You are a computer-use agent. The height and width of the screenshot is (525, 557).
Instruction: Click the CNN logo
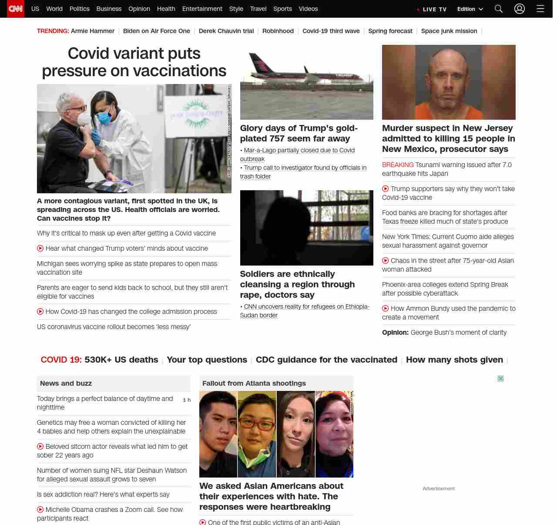tap(16, 9)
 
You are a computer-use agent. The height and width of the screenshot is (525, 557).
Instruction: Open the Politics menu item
tap(79, 9)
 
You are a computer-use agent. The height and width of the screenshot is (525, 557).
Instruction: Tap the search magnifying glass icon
tap(499, 9)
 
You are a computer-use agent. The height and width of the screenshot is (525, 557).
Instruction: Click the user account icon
tap(520, 9)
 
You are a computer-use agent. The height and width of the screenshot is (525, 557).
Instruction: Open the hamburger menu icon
tap(540, 9)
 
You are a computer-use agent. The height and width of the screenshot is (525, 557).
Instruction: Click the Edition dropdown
tap(470, 9)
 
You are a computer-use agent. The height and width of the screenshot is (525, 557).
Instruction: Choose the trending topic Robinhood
tap(278, 31)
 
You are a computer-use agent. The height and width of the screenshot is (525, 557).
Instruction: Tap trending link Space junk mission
tap(449, 31)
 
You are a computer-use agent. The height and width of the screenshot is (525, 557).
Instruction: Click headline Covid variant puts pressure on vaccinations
tap(134, 62)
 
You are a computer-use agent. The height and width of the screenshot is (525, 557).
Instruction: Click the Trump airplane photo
tap(307, 82)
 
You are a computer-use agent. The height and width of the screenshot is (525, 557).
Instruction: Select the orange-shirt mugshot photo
tap(449, 82)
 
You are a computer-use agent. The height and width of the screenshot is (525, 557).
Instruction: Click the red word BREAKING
tap(398, 165)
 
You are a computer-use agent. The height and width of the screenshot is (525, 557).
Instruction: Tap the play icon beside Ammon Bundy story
tap(386, 309)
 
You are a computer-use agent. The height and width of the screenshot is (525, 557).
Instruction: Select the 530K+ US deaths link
tap(121, 360)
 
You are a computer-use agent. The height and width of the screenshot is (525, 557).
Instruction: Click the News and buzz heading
tap(66, 384)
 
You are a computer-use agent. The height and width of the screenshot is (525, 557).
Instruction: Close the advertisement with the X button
tap(500, 379)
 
